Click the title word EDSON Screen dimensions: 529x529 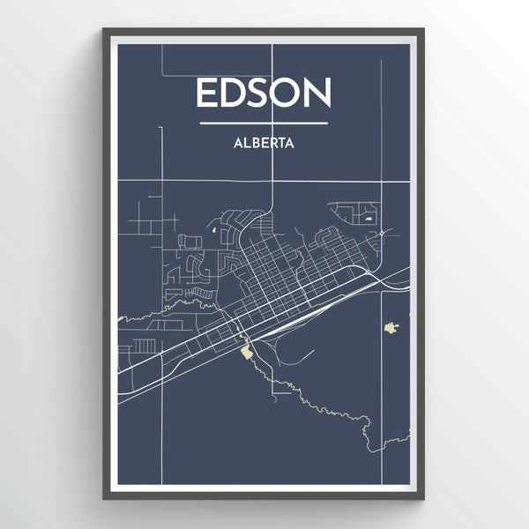coord(264,93)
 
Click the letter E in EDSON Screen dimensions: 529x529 coord(207,93)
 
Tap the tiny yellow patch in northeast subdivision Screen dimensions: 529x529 coord(369,216)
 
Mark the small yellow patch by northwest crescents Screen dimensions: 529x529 coord(215,232)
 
